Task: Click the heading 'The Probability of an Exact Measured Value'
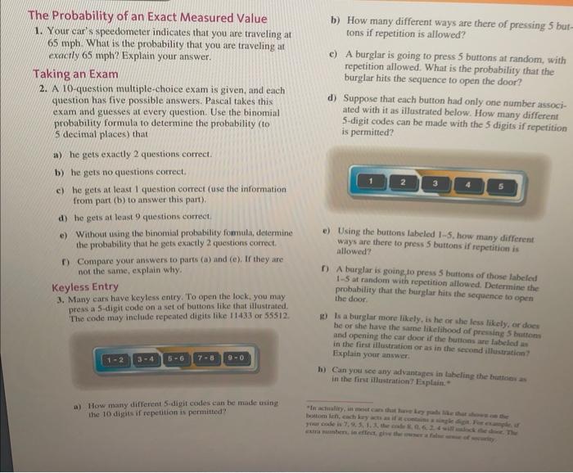[x=147, y=17]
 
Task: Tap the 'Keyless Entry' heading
[x=85, y=286]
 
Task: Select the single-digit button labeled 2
[x=403, y=180]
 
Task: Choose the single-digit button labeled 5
[x=500, y=185]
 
